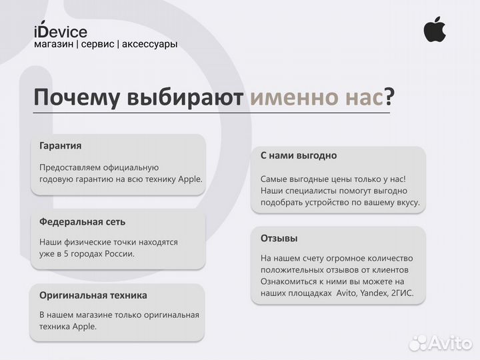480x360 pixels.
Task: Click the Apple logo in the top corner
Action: [x=435, y=29]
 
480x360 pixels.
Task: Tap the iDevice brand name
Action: [x=60, y=31]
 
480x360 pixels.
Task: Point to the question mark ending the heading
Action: [x=389, y=98]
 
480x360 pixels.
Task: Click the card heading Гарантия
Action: [x=61, y=145]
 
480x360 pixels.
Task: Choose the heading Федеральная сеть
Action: [x=82, y=221]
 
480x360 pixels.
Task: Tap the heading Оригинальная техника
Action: [x=93, y=295]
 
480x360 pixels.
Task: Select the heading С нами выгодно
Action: [x=298, y=155]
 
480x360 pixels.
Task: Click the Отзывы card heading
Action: [x=279, y=238]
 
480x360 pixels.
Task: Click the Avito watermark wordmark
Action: [x=450, y=343]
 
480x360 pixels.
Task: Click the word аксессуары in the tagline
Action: [x=149, y=44]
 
